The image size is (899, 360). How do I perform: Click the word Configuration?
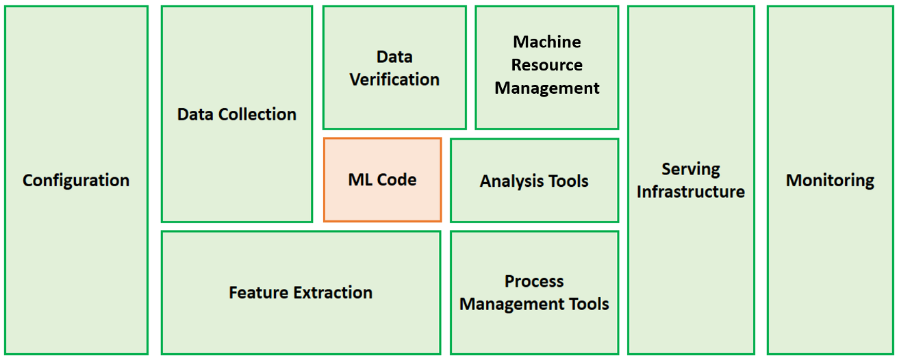click(76, 181)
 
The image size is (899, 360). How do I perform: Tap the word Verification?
click(394, 79)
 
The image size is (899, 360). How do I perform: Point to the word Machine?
click(547, 42)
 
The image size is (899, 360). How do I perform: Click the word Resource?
click(547, 65)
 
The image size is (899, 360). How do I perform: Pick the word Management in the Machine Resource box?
click(547, 88)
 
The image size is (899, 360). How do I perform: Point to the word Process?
click(534, 281)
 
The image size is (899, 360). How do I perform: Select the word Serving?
click(691, 169)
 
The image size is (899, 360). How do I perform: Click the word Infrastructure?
click(691, 192)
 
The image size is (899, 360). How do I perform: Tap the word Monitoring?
click(830, 181)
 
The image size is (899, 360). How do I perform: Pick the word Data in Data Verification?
click(394, 57)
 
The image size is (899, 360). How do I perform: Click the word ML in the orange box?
click(360, 180)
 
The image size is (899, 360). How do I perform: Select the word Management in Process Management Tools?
click(514, 304)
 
